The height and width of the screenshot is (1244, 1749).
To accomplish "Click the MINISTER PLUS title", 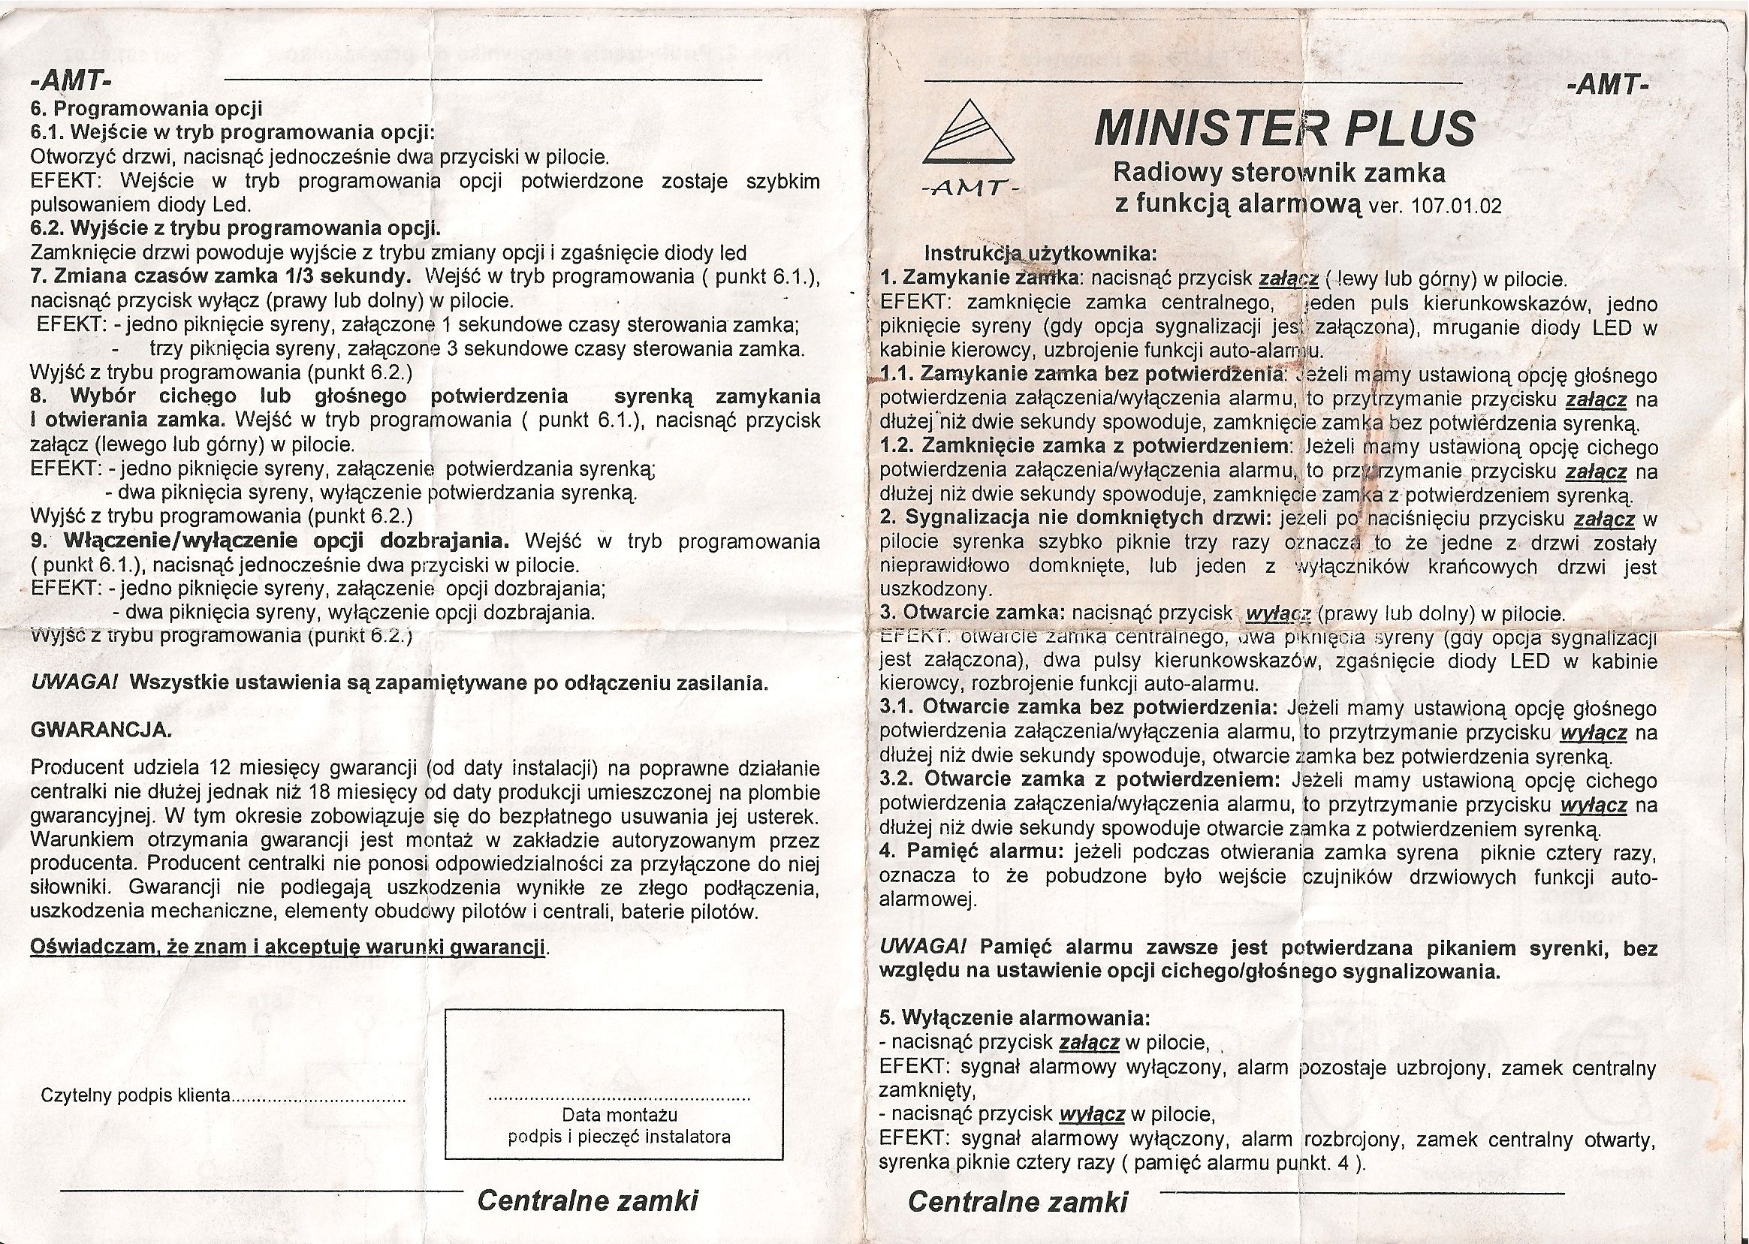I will pyautogui.click(x=1285, y=128).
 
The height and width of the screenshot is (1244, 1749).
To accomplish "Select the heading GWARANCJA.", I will pyautogui.click(x=101, y=730).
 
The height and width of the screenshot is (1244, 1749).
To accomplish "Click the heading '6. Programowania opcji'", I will pyautogui.click(x=146, y=109).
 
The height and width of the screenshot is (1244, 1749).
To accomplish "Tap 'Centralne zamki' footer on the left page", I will pyautogui.click(x=587, y=1200).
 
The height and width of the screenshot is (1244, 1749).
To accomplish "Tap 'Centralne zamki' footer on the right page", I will pyautogui.click(x=1018, y=1201).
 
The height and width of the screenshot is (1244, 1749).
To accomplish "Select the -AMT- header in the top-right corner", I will pyautogui.click(x=1608, y=84).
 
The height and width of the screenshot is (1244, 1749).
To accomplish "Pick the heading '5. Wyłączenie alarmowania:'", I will pyautogui.click(x=1015, y=1018).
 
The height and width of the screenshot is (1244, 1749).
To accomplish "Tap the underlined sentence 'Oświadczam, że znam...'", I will pyautogui.click(x=288, y=947).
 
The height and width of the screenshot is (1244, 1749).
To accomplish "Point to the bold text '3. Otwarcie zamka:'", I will pyautogui.click(x=973, y=613).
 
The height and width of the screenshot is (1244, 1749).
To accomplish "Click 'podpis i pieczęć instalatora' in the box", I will pyautogui.click(x=619, y=1137).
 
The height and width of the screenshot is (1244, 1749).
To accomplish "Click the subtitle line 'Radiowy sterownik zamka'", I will pyautogui.click(x=1279, y=174).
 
